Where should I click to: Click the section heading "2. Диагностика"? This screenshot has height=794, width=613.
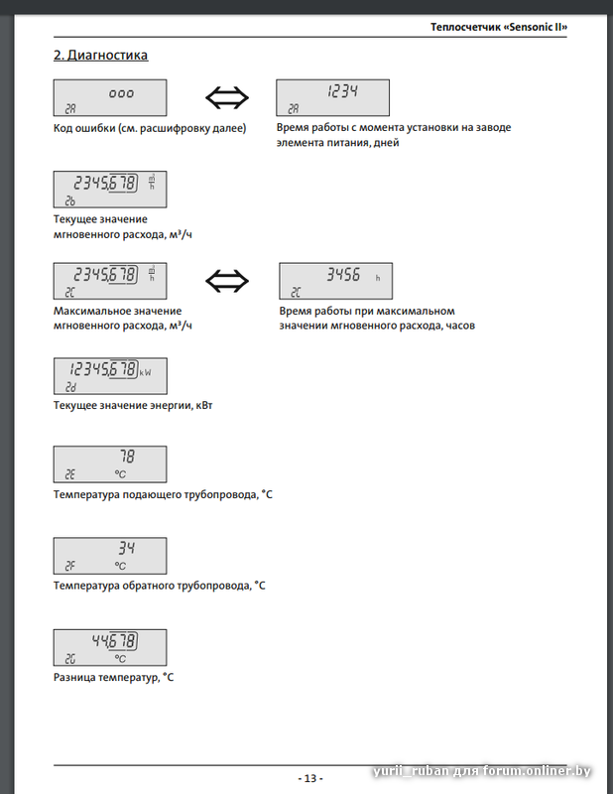[x=100, y=56]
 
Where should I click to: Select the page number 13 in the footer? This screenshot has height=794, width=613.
[x=309, y=778]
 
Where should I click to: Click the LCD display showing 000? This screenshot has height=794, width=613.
[x=109, y=98]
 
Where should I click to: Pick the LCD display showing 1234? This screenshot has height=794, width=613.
[x=332, y=98]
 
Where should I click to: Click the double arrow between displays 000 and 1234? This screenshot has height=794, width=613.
[x=227, y=97]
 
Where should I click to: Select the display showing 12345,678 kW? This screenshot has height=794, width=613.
[x=109, y=373]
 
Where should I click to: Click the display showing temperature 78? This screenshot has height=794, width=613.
[x=109, y=463]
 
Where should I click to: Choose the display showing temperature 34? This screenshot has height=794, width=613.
[x=109, y=556]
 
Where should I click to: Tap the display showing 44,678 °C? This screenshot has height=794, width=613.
[x=109, y=647]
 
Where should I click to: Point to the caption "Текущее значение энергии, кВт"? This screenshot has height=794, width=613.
[x=133, y=403]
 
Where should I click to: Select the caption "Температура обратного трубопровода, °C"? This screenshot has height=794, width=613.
[x=160, y=586]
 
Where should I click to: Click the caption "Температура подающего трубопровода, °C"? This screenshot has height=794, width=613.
[x=162, y=494]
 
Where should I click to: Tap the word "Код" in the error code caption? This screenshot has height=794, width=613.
[x=64, y=128]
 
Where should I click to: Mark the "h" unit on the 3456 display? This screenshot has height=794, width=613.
[x=377, y=279]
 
